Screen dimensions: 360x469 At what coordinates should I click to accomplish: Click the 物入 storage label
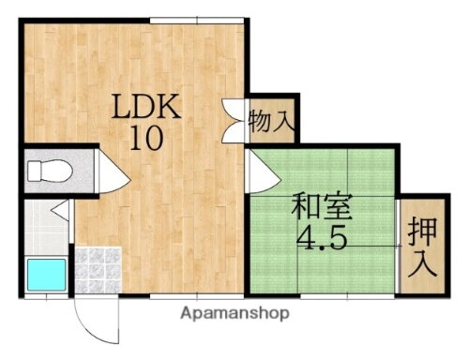click(272, 121)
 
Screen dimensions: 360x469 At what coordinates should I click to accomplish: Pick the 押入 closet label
click(423, 246)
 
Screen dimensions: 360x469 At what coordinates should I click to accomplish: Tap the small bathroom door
click(59, 213)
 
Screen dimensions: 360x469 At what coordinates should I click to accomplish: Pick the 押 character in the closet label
click(423, 231)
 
